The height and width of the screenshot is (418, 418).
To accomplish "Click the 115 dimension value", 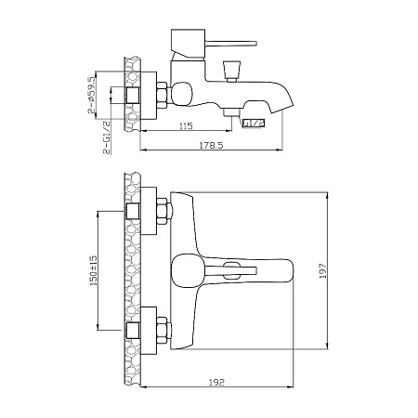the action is pos(186,125).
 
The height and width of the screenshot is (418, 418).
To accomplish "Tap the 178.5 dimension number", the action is pos(212,145).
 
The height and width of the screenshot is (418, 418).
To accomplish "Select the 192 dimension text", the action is pos(216,383).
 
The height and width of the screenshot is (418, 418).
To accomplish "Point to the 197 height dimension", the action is pos(322,270).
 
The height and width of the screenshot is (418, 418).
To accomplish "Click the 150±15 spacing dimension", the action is pos(94,270).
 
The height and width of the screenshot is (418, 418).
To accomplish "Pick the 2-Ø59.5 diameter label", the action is pos(92,95).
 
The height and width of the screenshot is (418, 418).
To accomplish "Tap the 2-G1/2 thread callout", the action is pos(107,137).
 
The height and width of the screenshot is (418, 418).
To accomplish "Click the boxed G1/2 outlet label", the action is pos(254,123).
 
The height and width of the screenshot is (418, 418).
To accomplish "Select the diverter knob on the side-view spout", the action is pos(231,70).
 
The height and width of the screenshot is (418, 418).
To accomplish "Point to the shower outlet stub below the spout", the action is pos(231,111).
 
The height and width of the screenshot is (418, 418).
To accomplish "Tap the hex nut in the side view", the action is pos(163,95).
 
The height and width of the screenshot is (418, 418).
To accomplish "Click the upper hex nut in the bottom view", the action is pos(163,212).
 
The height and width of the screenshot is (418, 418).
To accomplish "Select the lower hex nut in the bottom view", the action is pos(163,331).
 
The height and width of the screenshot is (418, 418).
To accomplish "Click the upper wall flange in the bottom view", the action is pos(149,211).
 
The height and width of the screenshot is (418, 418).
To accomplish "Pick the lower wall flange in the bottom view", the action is pos(149,331).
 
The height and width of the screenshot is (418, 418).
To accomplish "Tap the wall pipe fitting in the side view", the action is pos(133,95).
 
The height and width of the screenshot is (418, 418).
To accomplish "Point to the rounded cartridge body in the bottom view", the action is pos(187,271).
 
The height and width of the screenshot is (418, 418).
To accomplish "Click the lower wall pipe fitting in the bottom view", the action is pos(133,330).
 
